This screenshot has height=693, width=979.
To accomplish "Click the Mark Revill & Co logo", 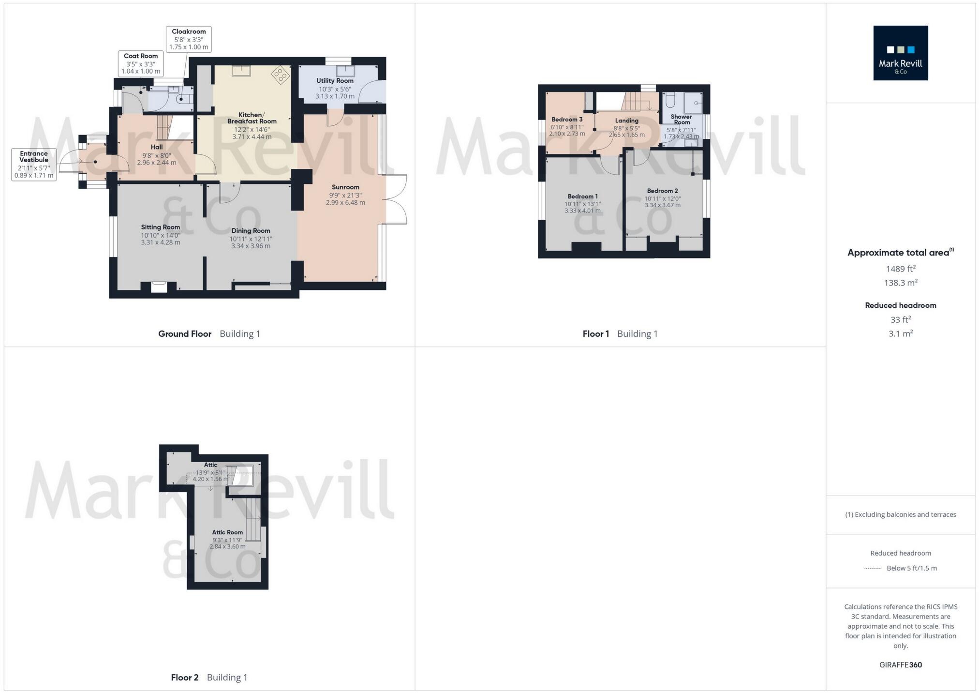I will coord(900,53).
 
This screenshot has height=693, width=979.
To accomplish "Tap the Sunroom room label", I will coord(345,187).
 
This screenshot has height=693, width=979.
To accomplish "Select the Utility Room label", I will coord(335,81).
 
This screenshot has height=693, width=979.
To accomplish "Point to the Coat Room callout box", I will coord(141,63).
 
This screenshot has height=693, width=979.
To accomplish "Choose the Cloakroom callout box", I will coord(189,39).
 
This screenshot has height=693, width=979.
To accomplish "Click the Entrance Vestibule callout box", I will coord(34,165).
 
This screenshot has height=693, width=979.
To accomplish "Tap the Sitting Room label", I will coord(161,227).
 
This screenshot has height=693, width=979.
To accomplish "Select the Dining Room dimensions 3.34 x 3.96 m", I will coord(251,246).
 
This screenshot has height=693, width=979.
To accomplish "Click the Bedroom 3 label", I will coord(567,120).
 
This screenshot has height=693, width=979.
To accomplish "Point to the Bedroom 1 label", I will coord(582,196).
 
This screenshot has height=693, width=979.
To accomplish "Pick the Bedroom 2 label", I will coord(662,191).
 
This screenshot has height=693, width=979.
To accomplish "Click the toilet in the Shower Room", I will coord(670,101).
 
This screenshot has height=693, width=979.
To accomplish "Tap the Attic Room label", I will coord(227,532).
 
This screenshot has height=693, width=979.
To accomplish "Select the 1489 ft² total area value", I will coord(900,269).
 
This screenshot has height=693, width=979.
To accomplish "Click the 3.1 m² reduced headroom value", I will coord(900,334).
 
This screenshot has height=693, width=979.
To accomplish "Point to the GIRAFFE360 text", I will coord(900,665).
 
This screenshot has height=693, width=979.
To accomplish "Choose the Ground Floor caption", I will coord(185,334).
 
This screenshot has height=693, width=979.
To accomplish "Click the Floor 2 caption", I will coord(185,678).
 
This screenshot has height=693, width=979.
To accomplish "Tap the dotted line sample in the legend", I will coord(873,569).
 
